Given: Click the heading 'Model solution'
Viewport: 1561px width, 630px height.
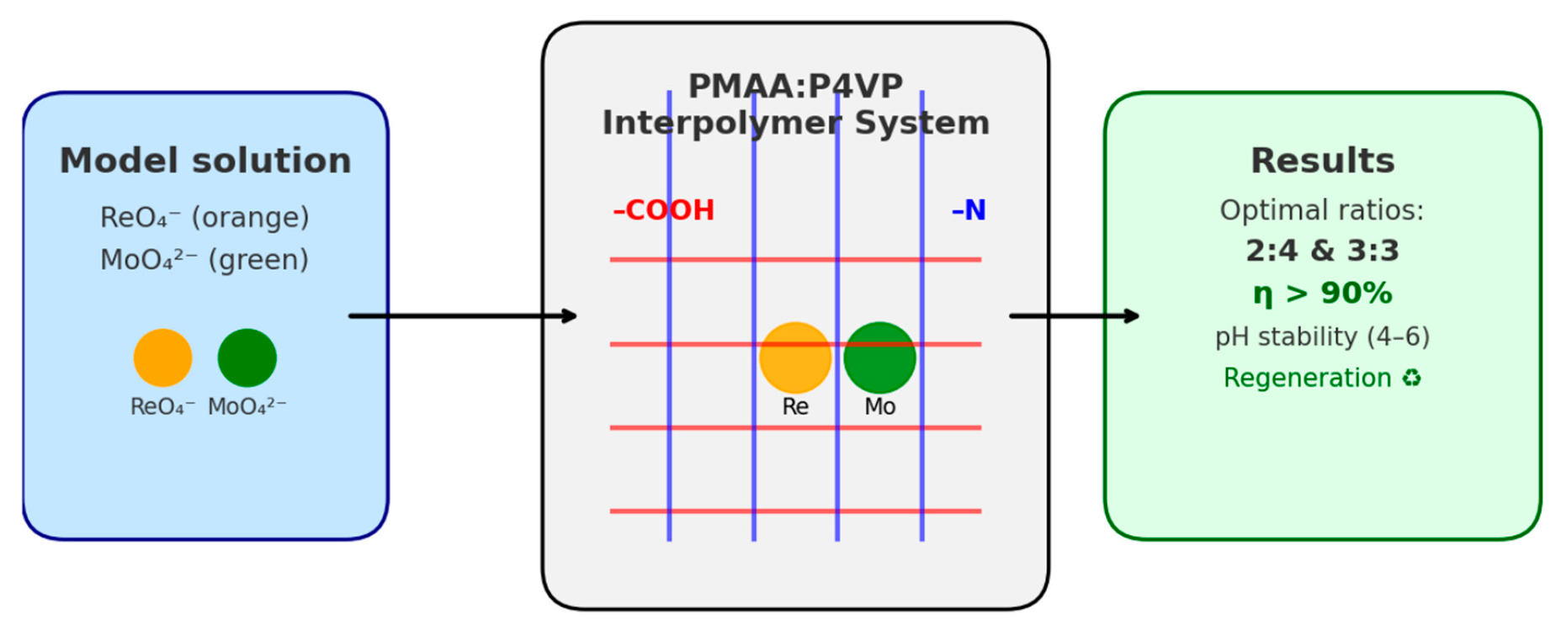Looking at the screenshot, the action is click(205, 161).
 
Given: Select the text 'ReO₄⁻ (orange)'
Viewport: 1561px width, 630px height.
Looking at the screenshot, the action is click(204, 218).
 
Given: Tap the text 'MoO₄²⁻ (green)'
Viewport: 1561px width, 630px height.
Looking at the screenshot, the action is click(204, 260).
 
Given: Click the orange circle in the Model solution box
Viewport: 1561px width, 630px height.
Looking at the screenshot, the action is click(162, 357).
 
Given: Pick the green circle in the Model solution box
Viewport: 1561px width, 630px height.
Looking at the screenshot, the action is click(247, 357).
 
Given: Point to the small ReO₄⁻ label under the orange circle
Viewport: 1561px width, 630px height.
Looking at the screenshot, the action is click(162, 407).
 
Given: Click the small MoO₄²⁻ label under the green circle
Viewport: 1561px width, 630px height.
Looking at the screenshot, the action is click(247, 407).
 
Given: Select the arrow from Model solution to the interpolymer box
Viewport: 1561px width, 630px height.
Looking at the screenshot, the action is click(463, 316).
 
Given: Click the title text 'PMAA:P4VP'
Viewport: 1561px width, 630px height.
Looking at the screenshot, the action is click(795, 87).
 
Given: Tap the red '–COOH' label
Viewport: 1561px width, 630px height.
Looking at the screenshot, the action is click(664, 210).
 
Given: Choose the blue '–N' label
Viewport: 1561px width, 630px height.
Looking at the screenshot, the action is click(969, 210).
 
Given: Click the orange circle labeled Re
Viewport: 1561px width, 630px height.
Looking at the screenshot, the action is click(795, 357).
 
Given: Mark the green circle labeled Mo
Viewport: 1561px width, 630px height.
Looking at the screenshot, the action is click(879, 357).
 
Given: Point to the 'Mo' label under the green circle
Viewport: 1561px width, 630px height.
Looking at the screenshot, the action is click(879, 407).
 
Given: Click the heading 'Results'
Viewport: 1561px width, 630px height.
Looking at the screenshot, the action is click(1322, 161).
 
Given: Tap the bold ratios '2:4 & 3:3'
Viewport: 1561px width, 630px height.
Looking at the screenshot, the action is click(1322, 251).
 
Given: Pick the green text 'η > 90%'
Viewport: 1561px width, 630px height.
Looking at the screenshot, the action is click(1322, 294).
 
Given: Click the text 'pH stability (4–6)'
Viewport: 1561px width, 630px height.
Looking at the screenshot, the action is click(1322, 336).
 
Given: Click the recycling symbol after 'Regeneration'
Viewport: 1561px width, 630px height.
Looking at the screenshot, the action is click(1411, 379).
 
